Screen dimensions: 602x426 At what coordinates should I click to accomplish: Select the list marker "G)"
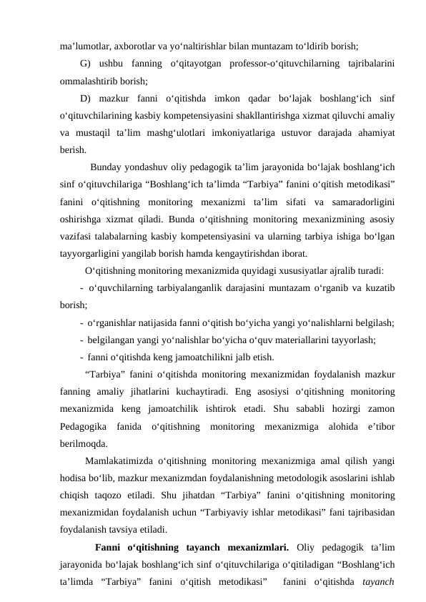87,64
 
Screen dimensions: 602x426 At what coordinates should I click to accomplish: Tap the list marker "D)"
87,98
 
